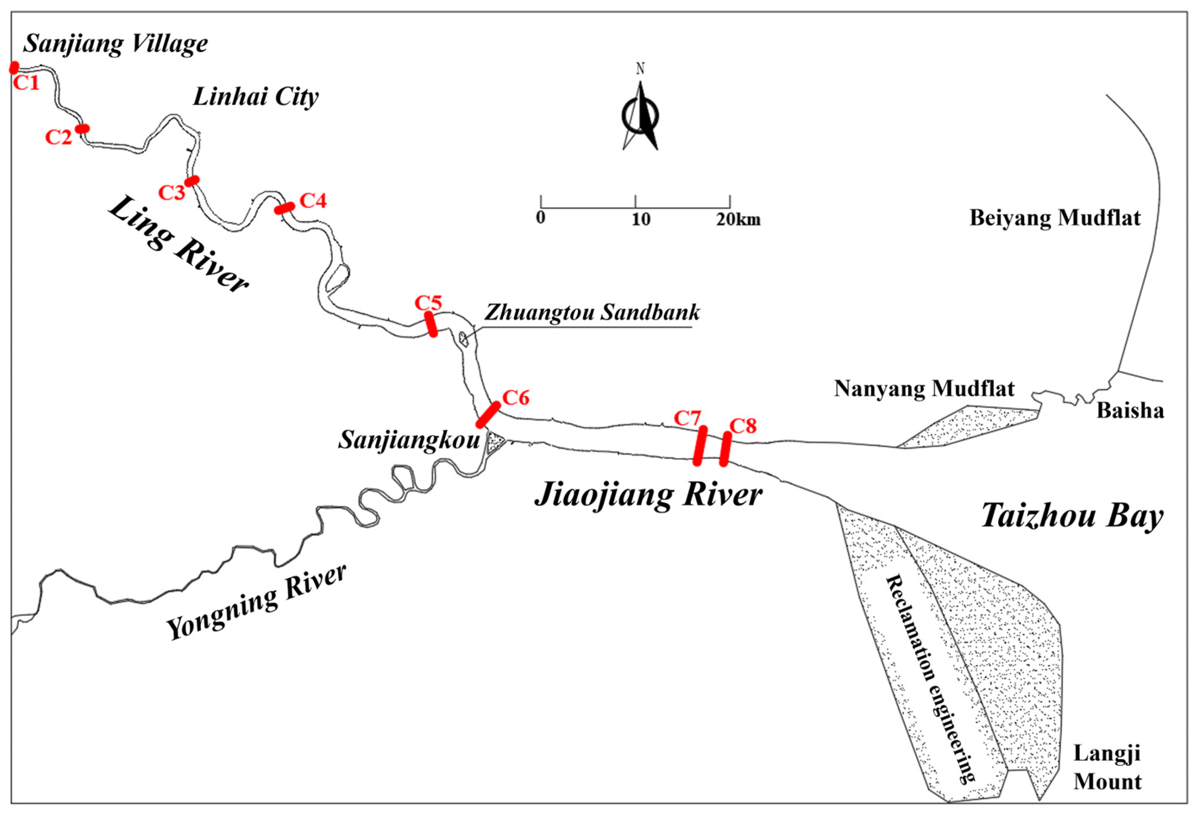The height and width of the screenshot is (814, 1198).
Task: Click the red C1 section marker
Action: coord(14,68)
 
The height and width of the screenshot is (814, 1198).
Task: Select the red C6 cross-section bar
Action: coord(488,415)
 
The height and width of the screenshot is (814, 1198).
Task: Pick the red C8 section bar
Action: coord(725,449)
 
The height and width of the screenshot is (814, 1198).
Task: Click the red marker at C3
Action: coord(192,180)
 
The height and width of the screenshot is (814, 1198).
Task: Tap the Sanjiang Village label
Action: coord(116,44)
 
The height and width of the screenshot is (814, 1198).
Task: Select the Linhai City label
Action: coord(256,97)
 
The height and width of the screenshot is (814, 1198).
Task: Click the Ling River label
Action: coord(178,244)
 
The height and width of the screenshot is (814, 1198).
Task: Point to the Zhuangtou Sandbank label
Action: coord(592,313)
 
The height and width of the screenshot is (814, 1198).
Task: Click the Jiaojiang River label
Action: coord(649,495)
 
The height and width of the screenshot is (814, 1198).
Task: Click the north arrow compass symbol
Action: coord(640,116)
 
